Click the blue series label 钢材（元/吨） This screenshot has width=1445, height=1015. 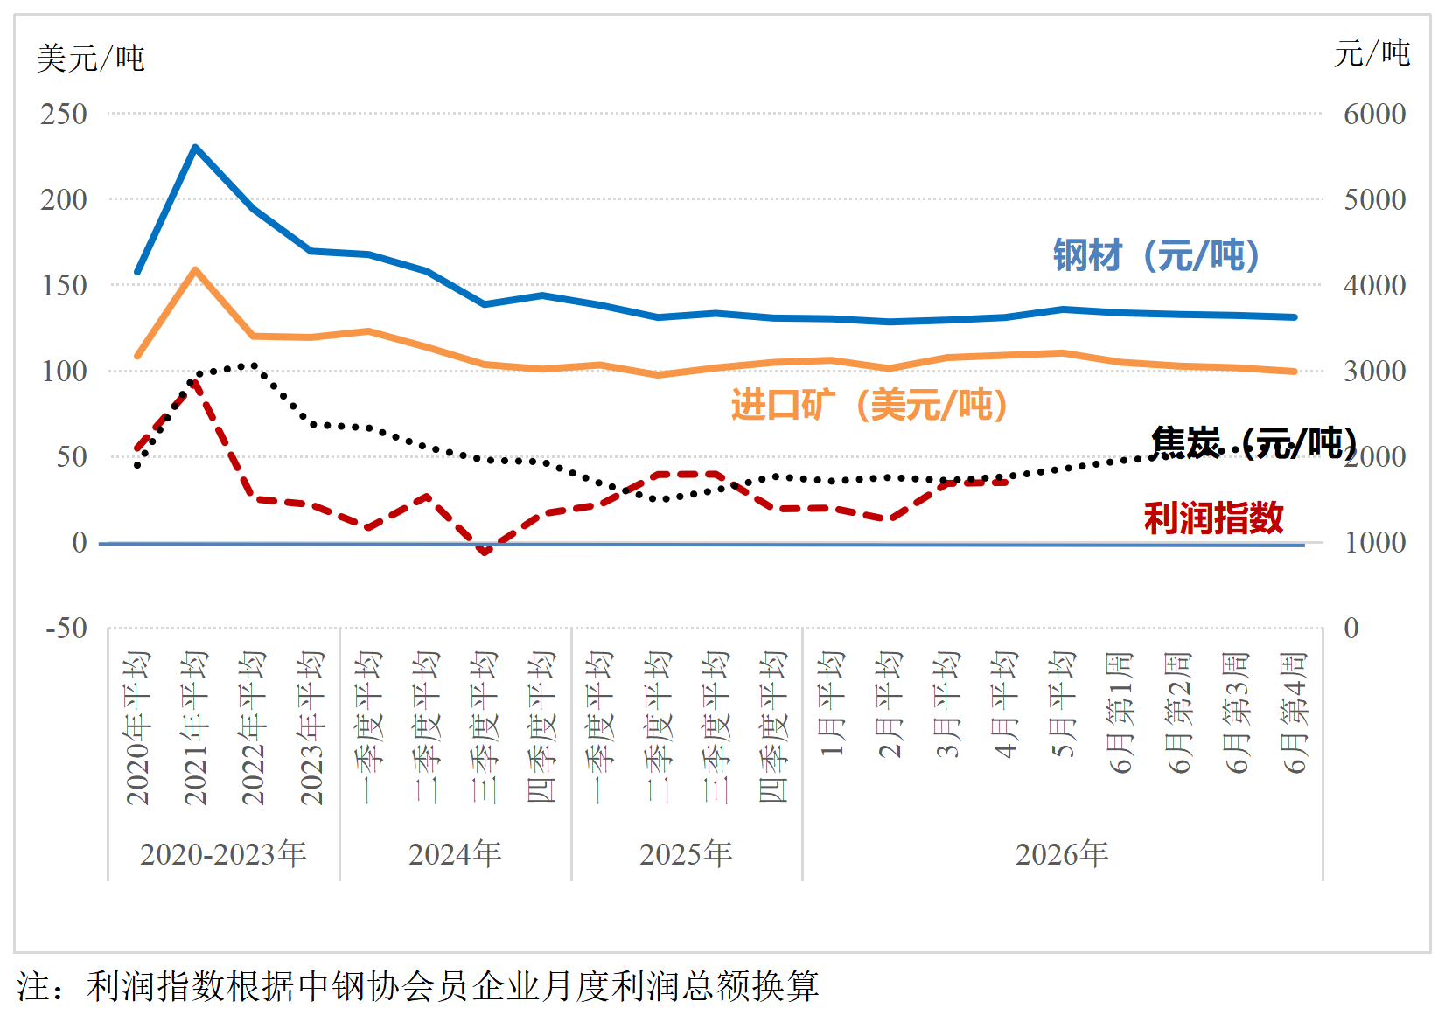[x=1156, y=255]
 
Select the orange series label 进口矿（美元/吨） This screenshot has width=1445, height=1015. [x=869, y=405]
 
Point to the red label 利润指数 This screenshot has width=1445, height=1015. [x=1213, y=518]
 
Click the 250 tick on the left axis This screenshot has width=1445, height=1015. [x=63, y=115]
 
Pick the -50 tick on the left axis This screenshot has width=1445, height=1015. [x=66, y=628]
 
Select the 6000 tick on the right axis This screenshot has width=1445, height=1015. [x=1375, y=115]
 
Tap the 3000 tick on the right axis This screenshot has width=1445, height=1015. [x=1375, y=372]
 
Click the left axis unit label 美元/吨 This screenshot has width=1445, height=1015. [x=91, y=59]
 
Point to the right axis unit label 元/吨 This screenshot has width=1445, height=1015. [x=1372, y=53]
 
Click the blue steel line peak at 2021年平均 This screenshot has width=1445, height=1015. [x=195, y=148]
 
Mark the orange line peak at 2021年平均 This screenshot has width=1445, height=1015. [x=195, y=269]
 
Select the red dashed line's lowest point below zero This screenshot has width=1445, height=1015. [x=485, y=552]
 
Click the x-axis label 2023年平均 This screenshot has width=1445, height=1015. [x=311, y=728]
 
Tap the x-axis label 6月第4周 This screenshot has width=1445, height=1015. [x=1294, y=713]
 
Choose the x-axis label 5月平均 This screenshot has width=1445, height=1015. [x=1062, y=704]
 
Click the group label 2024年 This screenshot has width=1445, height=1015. [x=455, y=854]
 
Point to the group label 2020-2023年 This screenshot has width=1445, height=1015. [x=223, y=854]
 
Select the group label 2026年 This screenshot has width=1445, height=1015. [x=1062, y=854]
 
